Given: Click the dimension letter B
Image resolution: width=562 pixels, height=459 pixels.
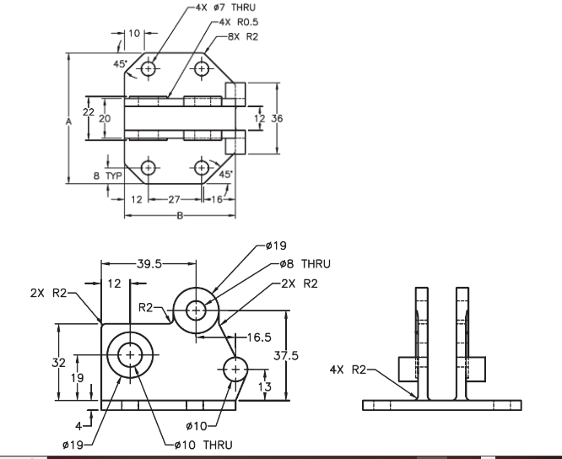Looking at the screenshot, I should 179,216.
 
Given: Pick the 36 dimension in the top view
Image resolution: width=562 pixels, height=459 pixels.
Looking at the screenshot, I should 277,119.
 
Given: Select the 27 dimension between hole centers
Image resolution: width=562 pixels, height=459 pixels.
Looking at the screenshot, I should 175,199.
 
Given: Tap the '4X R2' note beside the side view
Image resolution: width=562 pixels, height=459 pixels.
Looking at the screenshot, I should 349,369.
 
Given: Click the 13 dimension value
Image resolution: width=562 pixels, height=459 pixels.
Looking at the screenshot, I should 263,386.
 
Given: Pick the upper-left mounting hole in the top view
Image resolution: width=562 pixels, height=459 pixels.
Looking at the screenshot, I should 149,68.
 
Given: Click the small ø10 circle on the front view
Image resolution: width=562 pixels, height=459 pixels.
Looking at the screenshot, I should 234,367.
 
